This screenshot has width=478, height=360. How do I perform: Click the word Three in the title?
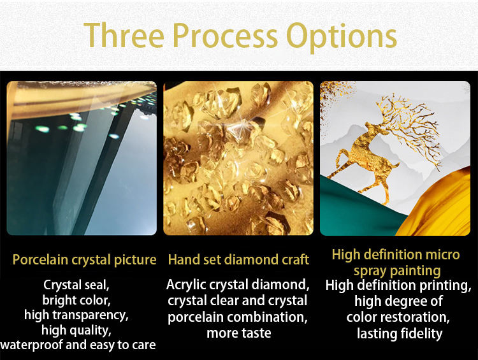coord(124,35)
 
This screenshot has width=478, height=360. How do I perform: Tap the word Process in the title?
coord(225,35)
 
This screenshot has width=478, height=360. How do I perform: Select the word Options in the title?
coord(342,37)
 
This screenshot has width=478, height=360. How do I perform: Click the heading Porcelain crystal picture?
coord(84,260)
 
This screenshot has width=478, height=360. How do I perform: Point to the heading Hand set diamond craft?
coord(238,260)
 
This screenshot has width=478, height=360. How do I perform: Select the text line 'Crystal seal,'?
coord(76,285)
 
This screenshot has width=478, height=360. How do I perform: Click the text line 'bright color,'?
coord(76,300)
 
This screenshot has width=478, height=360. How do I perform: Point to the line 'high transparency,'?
coord(76,315)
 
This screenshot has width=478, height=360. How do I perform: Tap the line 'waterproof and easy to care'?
coord(78,345)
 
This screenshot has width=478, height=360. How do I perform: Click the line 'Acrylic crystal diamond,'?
coord(238,285)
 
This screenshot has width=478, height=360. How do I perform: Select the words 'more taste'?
coord(239,333)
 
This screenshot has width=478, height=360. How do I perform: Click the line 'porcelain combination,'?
coord(238,317)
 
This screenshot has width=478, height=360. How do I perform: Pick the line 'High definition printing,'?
coord(398,286)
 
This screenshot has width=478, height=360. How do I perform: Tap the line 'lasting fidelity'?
coord(400,334)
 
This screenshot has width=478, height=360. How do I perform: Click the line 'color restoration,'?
coord(398,317)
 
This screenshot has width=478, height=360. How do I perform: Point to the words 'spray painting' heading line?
coord(397,271)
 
